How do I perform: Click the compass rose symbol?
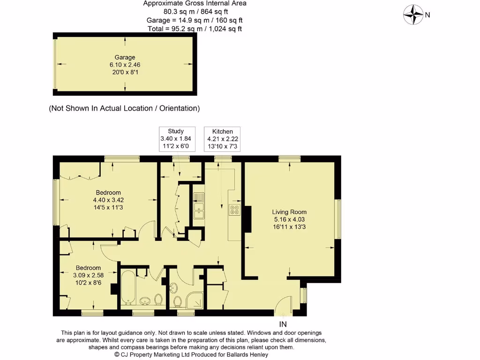[413, 15]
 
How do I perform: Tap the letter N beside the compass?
[427, 15]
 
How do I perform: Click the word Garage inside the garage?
[125, 58]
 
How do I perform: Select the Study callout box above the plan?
[176, 139]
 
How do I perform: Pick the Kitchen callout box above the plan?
[223, 139]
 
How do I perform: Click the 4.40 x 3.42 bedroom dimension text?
[108, 200]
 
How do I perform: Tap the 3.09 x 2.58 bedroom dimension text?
[89, 275]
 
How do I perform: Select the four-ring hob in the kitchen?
[234, 210]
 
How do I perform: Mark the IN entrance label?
[283, 324]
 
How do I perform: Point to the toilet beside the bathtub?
[158, 299]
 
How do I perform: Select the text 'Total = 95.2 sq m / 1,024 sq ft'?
[195, 29]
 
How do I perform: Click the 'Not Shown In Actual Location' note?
[124, 108]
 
